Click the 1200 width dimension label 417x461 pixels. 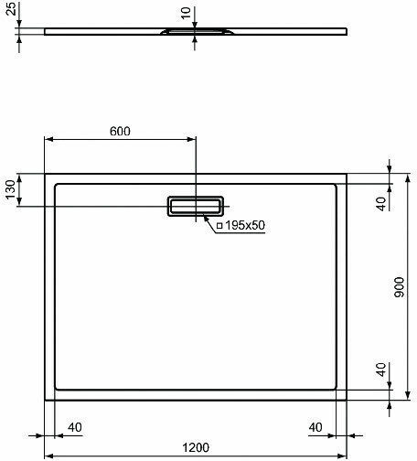[196, 447]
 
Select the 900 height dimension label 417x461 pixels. [399, 287]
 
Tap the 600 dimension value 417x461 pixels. [120, 131]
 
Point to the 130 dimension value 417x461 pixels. [10, 189]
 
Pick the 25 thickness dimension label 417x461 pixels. [11, 8]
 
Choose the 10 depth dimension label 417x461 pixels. [186, 13]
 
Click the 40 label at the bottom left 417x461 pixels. [75, 427]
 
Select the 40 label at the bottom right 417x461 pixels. [315, 427]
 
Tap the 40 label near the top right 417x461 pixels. [381, 204]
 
